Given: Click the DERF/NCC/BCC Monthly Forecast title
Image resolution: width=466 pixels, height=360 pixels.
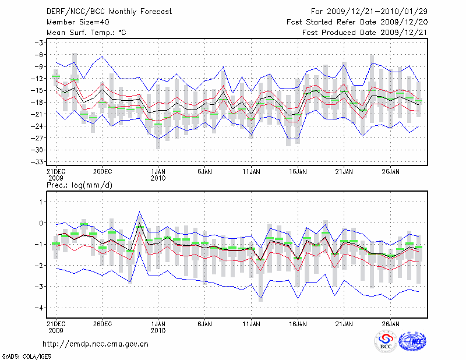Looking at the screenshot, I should pyautogui.click(x=101, y=11).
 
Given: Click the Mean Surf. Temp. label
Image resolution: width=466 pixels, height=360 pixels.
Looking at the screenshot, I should pyautogui.click(x=87, y=33).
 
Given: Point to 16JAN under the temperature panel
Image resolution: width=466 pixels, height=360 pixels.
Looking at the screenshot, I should pyautogui.click(x=298, y=172).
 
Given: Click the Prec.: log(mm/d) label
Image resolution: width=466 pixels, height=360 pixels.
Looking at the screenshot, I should pyautogui.click(x=79, y=185).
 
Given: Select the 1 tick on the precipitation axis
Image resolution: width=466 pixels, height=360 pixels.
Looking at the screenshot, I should pyautogui.click(x=41, y=202).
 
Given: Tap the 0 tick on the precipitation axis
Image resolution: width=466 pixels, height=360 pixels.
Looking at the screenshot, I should pyautogui.click(x=41, y=223).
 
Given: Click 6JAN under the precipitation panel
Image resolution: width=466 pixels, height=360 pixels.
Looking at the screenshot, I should pyautogui.click(x=204, y=323).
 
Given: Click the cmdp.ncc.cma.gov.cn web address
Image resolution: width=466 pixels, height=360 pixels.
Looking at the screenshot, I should pyautogui.click(x=96, y=344).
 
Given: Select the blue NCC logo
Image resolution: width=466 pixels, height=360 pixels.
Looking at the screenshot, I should pyautogui.click(x=412, y=342).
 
